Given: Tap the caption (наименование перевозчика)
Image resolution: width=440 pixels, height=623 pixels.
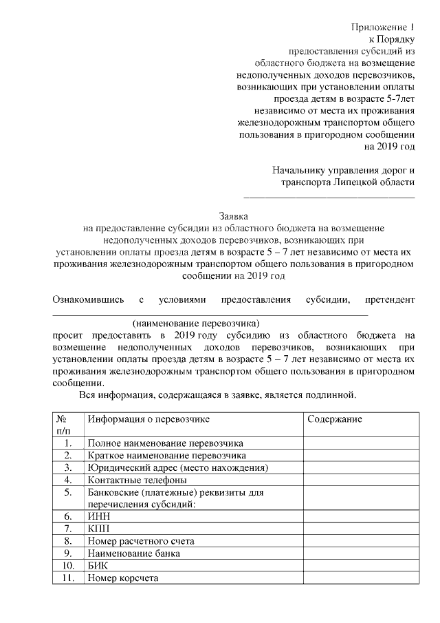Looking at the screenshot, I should pos(197,322).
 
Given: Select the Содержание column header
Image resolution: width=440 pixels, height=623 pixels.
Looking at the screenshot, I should pos(335,419).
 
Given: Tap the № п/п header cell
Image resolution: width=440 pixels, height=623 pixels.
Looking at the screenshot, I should pos(67,425).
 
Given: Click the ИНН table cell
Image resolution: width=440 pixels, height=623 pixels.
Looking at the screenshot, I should pos(99,516).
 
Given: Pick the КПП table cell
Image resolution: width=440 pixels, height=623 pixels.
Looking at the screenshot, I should pos(99,528).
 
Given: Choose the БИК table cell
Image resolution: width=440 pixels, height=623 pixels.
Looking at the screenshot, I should pos(99,566).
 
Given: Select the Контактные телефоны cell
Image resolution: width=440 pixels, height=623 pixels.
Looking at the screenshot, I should pos(137,480).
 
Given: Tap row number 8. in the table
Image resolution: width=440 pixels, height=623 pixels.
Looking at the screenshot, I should pos(67,541).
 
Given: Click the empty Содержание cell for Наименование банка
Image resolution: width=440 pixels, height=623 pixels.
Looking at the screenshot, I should pos(360,553).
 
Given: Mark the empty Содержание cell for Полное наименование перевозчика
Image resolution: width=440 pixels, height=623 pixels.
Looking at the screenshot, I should pos(360,443).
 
